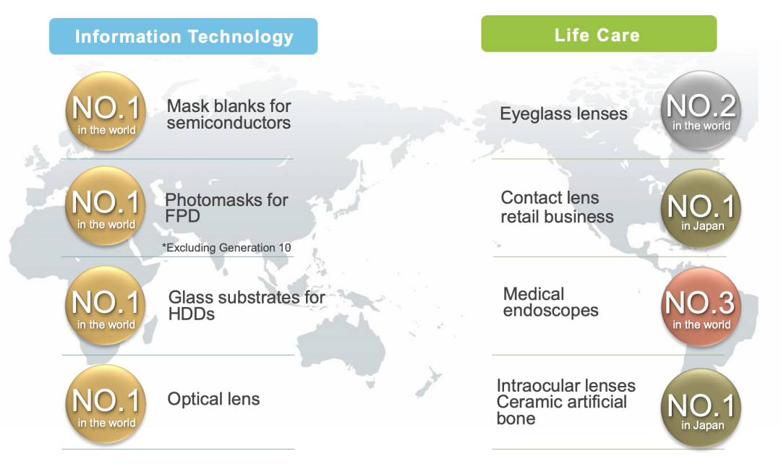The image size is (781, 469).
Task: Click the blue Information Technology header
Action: tap(183, 36)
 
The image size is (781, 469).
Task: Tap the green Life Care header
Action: tap(599, 34)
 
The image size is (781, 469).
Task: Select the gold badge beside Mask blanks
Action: tap(106, 111)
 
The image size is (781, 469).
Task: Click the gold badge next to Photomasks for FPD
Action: tap(106, 206)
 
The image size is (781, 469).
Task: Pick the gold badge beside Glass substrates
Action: tap(106, 305)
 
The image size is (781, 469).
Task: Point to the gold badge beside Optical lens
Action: tap(106, 404)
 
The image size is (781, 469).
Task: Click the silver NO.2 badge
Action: tap(701, 110)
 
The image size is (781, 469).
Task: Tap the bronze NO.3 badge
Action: tap(701, 306)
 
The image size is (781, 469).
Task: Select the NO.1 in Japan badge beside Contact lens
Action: tap(701, 209)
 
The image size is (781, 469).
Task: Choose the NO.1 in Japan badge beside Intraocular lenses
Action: tap(701, 408)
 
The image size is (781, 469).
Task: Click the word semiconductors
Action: tap(229, 123)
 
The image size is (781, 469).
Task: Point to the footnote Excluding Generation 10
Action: tap(226, 247)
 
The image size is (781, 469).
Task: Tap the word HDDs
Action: tap(191, 314)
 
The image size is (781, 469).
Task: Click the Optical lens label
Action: tap(213, 399)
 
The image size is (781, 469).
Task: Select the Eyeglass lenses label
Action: tap(563, 114)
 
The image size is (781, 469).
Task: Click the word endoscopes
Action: tap(550, 311)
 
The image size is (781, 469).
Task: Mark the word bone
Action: tap(516, 418)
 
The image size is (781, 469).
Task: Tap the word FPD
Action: tap(182, 216)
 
